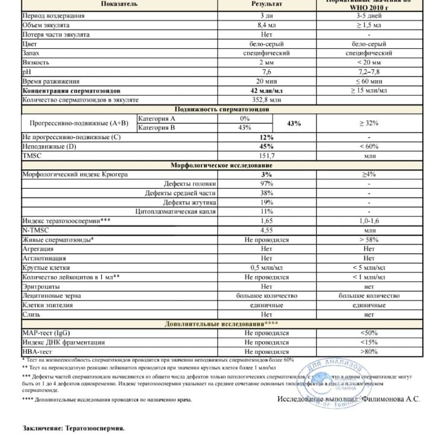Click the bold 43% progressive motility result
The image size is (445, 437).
coord(294,123)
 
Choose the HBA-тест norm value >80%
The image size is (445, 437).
coord(368,351)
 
